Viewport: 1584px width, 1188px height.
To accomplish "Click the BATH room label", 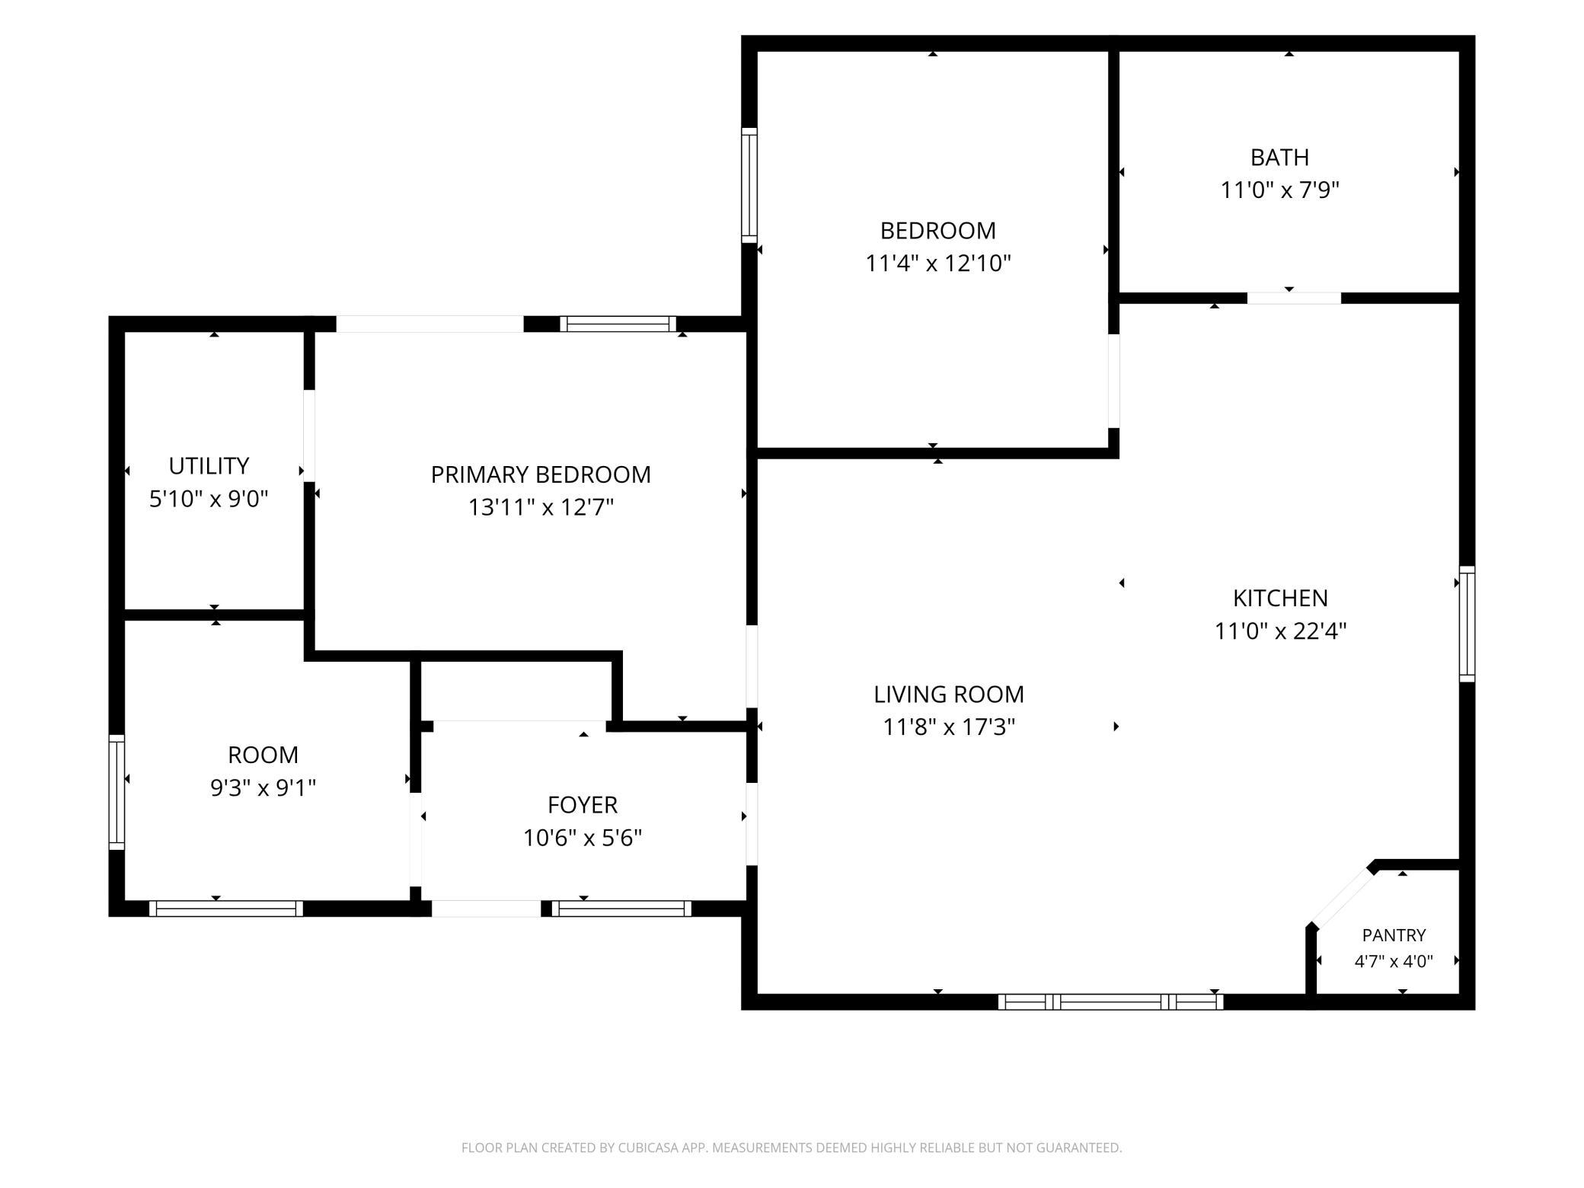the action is click(1279, 157).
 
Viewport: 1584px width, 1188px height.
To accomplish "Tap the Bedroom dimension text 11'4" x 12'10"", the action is click(938, 263).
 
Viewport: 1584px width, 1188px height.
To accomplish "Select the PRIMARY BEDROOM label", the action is click(541, 474).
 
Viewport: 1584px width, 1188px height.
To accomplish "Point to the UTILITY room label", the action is click(209, 465).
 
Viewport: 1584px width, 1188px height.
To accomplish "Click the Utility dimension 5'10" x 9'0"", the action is click(209, 499).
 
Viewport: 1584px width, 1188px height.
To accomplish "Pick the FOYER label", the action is click(583, 804).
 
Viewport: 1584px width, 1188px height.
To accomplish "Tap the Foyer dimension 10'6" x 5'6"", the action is click(583, 838).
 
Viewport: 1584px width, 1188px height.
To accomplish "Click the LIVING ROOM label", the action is click(949, 694).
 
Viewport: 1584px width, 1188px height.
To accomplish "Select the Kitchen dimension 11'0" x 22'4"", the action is click(1280, 631).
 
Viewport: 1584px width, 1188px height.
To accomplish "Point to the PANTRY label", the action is click(1394, 935).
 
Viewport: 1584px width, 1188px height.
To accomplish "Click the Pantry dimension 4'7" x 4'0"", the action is click(1394, 961).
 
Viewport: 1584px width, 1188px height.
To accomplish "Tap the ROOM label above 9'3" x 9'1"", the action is click(263, 755).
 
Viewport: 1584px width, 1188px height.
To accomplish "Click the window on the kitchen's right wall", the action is click(1467, 624).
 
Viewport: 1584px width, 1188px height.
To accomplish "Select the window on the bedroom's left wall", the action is click(749, 185).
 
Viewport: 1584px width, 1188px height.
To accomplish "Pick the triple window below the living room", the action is click(1110, 1001).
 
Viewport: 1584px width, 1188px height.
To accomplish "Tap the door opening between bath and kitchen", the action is click(1294, 299).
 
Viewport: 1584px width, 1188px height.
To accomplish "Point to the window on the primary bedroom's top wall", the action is click(618, 324).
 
